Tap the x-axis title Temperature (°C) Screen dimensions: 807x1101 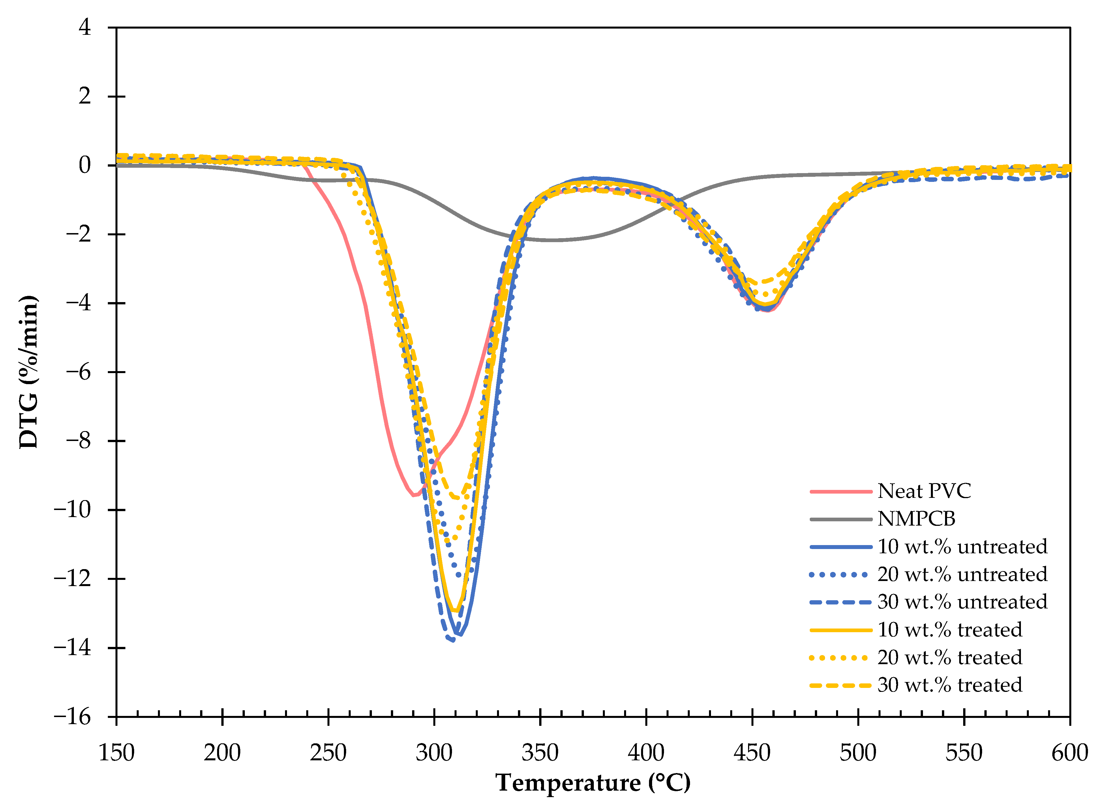[x=593, y=783]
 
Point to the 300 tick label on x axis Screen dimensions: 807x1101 [x=434, y=753]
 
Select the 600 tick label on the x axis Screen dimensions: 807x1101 [x=1069, y=753]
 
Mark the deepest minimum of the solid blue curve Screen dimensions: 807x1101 [x=459, y=634]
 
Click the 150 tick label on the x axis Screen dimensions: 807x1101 [x=116, y=753]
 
